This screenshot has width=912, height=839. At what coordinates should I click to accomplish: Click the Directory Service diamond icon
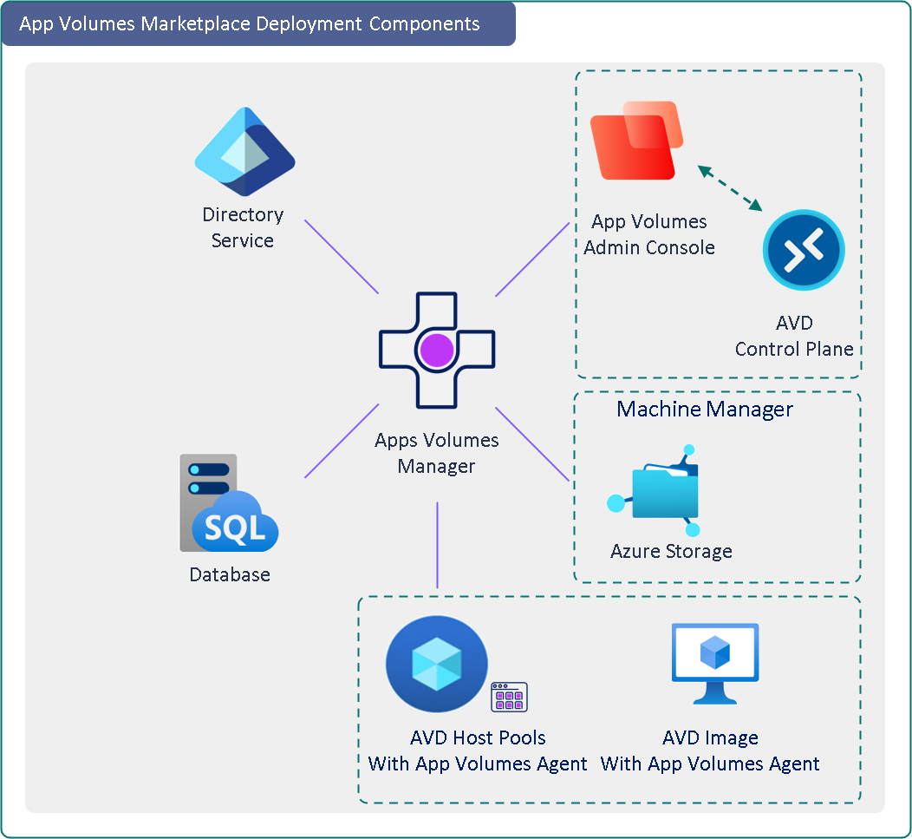pos(245,152)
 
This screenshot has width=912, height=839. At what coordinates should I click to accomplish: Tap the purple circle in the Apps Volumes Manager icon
pos(436,351)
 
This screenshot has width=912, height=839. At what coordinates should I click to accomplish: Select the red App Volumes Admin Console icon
pos(635,141)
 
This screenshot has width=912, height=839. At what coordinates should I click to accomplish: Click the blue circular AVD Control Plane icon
pos(804,250)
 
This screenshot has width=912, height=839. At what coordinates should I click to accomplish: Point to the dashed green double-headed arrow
pos(730,188)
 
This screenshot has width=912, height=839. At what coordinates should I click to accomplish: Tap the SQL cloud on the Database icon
pos(235,523)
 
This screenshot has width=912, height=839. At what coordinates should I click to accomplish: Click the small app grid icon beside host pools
pos(509,697)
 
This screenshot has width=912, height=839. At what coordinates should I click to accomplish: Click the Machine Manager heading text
pos(704,409)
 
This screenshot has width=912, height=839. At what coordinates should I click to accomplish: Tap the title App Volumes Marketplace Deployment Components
pos(250,23)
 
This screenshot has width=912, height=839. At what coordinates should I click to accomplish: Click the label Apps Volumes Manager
pos(436,453)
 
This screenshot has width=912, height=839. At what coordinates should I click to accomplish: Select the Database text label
pos(230,574)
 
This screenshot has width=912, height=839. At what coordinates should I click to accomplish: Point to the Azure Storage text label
pos(671,552)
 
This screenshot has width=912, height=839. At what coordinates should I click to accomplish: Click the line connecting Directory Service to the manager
pos(342,257)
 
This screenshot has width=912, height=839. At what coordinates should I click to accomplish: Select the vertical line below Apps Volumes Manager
pos(437,545)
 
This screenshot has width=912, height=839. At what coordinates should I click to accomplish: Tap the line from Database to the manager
pos(342,441)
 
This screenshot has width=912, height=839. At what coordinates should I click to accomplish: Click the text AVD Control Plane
pos(794,337)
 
